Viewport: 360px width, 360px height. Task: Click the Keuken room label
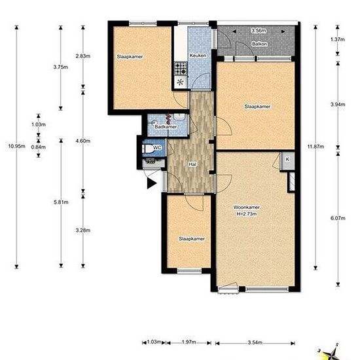coord(198,56)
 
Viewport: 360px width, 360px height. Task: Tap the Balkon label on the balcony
coord(259,44)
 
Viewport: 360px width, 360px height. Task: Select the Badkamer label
coord(166,127)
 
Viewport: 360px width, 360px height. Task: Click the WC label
coord(157,147)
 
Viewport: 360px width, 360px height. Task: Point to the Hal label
coord(192,164)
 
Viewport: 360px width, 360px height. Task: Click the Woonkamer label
coord(246,207)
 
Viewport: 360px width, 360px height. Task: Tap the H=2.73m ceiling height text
coord(247,214)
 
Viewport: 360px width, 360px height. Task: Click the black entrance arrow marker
coord(152,183)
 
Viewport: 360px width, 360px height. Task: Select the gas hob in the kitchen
coord(181,69)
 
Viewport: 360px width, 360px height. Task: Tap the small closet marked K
coord(287,161)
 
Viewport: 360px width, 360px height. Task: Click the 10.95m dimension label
coord(16,146)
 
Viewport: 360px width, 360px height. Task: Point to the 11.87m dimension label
coord(315,146)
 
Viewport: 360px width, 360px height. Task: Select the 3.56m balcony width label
coord(259,30)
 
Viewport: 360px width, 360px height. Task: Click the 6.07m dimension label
coord(338,218)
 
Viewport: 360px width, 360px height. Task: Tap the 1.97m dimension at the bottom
coord(189,342)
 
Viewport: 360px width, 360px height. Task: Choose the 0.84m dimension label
coord(39,147)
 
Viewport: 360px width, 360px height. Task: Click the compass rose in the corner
coord(331,352)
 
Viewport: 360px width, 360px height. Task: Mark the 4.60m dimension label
coord(83,141)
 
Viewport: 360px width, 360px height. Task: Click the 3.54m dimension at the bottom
coord(255,342)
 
